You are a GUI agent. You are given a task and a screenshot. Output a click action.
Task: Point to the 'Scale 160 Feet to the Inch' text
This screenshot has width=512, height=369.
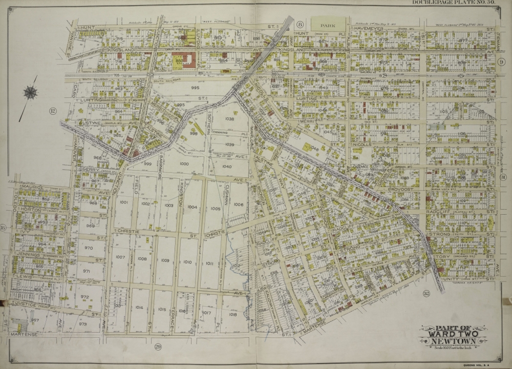[453, 350]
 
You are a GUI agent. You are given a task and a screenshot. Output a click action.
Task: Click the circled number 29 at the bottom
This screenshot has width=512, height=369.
[158, 347]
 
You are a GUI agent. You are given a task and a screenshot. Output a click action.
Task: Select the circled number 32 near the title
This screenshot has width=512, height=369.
[426, 294]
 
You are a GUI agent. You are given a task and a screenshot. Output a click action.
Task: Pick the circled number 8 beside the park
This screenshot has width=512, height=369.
[301, 25]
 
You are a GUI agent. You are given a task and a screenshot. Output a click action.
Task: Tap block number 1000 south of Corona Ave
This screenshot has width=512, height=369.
[184, 164]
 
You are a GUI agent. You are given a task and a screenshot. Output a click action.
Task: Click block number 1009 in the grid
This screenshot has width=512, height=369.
[165, 261]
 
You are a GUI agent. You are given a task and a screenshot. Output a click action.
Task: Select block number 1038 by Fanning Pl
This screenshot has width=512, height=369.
[229, 119]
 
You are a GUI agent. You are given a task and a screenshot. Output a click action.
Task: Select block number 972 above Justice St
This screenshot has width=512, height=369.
[85, 297]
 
